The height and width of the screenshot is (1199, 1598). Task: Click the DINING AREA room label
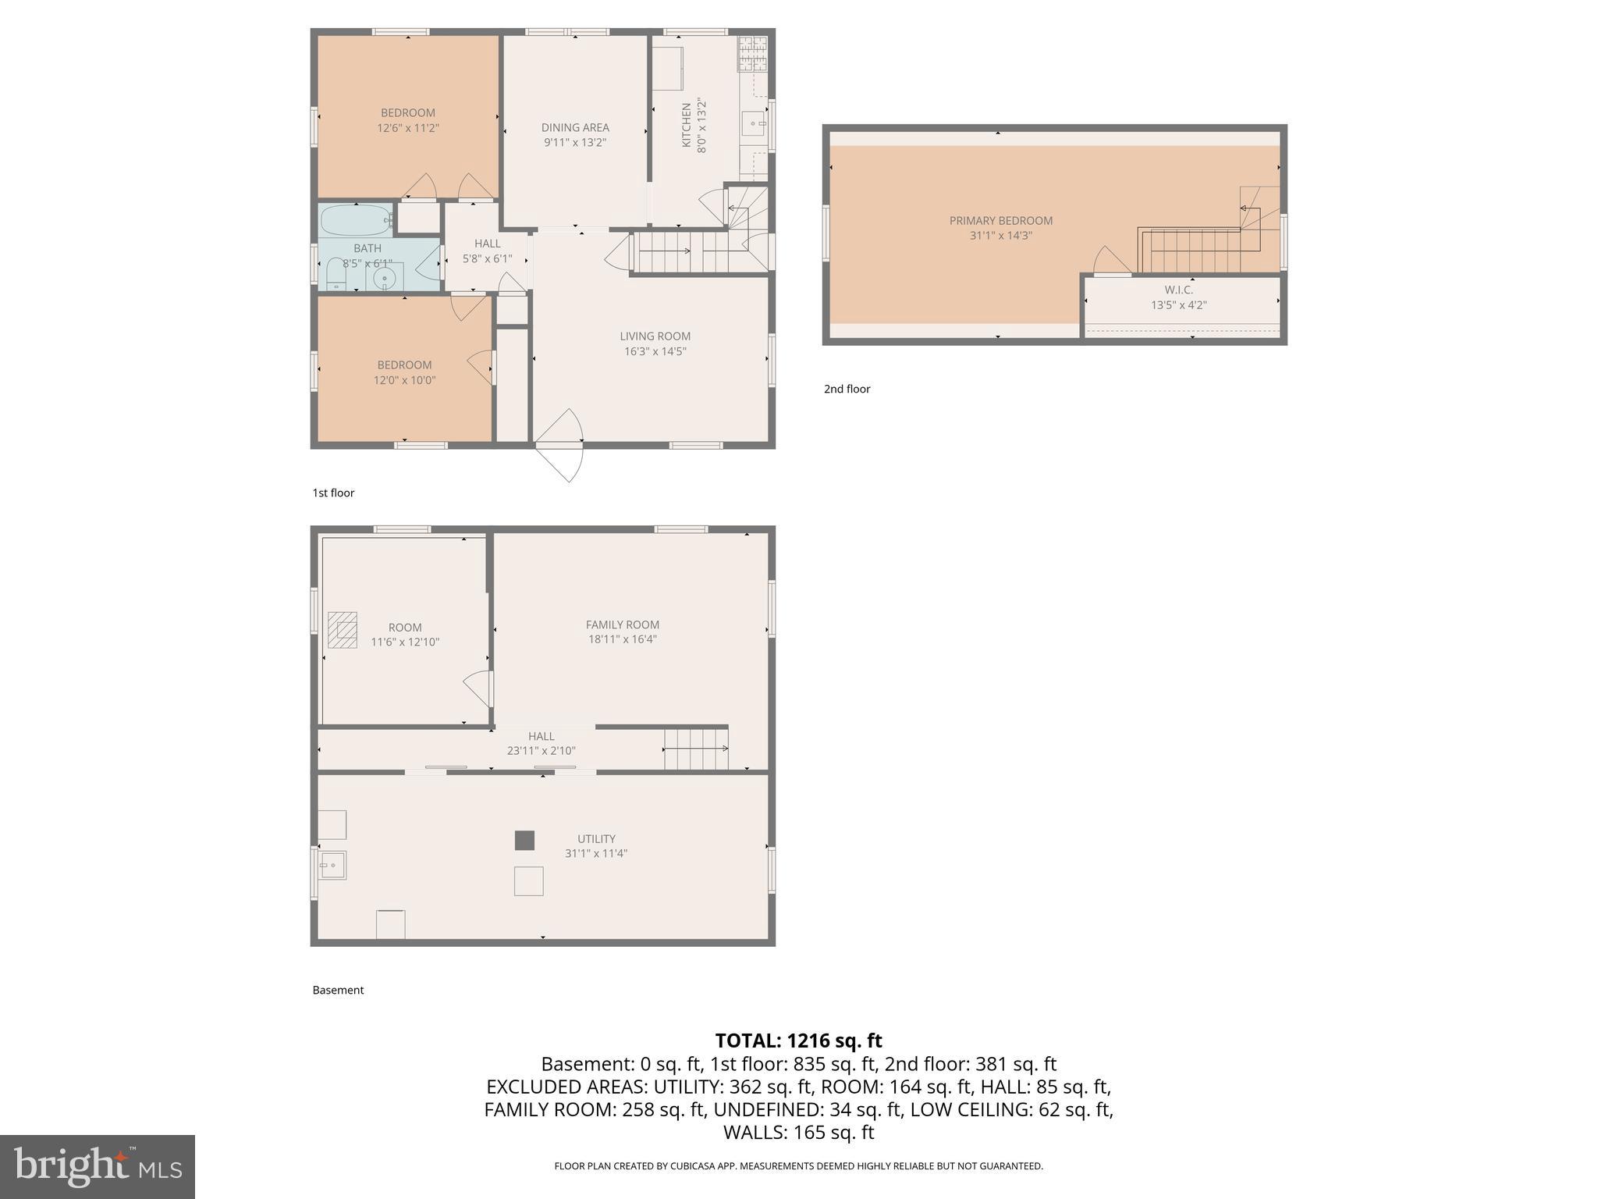(575, 127)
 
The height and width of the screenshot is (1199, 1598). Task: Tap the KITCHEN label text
(687, 125)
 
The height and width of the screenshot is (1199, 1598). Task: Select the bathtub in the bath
(357, 219)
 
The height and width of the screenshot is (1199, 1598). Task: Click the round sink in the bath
(384, 278)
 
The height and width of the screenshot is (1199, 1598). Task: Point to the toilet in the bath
(335, 274)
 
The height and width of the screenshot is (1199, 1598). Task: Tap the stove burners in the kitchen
(752, 54)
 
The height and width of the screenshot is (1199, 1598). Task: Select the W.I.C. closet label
(1178, 290)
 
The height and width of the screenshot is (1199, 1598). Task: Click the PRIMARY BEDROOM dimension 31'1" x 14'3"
(1000, 235)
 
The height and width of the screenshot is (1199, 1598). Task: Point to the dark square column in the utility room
(524, 840)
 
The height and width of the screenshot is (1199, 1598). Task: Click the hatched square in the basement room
(343, 629)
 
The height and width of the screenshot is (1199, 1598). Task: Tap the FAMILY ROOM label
(622, 624)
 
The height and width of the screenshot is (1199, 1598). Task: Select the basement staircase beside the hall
(695, 749)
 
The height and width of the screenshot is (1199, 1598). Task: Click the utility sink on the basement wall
(332, 865)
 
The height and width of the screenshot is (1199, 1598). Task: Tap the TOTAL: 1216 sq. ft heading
(798, 1041)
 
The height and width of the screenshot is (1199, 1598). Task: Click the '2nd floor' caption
(847, 389)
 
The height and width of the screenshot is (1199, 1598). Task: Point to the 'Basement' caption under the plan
(338, 990)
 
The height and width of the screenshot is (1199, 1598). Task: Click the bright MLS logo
(98, 1166)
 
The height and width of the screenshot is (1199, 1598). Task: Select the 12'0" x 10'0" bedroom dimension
(404, 380)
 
